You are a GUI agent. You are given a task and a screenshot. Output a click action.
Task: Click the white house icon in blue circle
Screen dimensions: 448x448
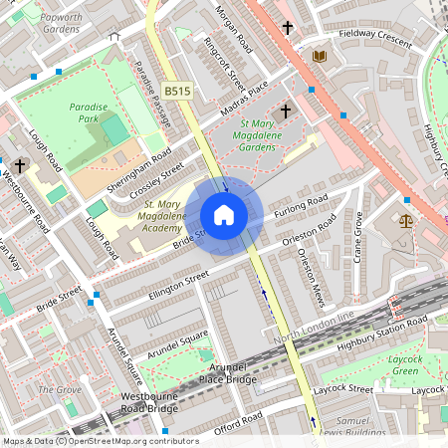coord(224,215)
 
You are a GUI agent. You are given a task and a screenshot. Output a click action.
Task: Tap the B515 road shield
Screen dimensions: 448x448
coord(177,91)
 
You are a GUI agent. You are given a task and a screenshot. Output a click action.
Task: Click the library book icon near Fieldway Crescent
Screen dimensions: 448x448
coord(319,56)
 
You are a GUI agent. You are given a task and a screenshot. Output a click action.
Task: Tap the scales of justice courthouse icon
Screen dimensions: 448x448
coord(405,220)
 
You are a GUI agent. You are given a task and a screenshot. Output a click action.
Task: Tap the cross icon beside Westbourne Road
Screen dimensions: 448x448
coord(20,165)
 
